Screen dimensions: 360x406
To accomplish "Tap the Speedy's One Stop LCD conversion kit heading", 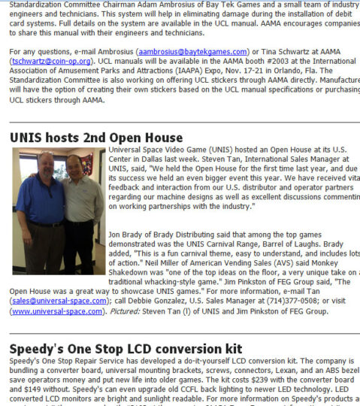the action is pyautogui.click(x=126, y=349).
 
